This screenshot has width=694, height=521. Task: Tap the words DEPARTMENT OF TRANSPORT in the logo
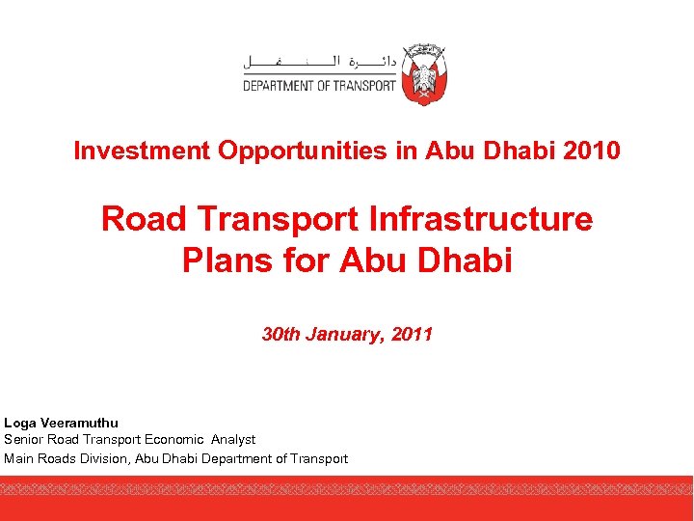click(x=319, y=85)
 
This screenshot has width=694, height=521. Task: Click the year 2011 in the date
click(x=412, y=335)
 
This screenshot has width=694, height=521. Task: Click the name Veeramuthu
click(x=79, y=423)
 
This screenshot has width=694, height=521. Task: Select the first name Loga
click(x=20, y=423)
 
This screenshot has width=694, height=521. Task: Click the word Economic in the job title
click(x=174, y=440)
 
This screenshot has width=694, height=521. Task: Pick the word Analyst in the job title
click(x=234, y=440)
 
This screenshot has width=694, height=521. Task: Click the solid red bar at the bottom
click(x=347, y=507)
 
